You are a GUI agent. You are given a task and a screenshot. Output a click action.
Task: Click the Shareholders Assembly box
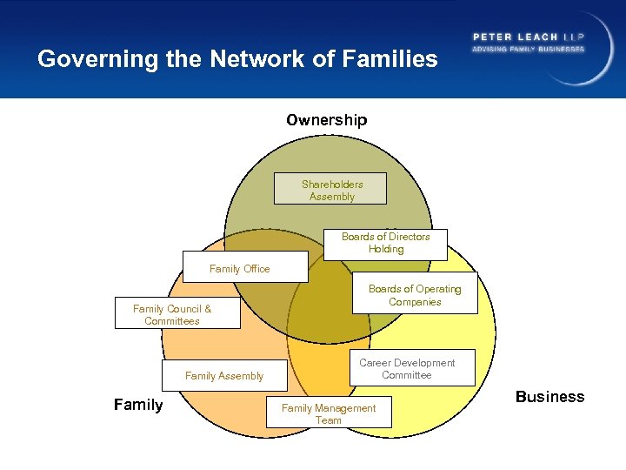(330, 190)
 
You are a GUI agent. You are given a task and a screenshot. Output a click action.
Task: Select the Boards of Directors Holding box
(385, 244)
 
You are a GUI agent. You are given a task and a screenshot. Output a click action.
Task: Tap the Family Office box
(244, 267)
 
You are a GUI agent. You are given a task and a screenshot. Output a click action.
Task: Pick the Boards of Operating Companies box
(415, 296)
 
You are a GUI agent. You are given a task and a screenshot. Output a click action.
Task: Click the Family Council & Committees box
(176, 314)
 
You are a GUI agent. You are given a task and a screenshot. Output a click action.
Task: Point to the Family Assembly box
(223, 375)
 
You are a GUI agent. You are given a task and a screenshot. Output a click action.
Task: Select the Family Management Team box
(329, 413)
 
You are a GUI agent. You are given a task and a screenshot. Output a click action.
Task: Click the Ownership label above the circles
(327, 120)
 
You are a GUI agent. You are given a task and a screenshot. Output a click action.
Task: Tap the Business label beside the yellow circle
(549, 397)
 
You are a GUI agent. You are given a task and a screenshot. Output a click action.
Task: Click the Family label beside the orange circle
(138, 405)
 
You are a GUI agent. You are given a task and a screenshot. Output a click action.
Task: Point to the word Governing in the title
(83, 59)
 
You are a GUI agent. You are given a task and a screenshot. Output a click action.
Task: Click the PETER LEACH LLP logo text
(527, 37)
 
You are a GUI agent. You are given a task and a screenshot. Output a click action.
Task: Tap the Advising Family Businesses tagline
(527, 49)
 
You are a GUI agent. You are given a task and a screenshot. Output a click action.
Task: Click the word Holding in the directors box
(386, 249)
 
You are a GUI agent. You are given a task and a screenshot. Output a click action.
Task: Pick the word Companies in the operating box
(415, 302)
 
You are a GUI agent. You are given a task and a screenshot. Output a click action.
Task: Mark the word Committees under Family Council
(172, 321)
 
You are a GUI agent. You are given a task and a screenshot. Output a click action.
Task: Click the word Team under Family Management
(329, 420)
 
